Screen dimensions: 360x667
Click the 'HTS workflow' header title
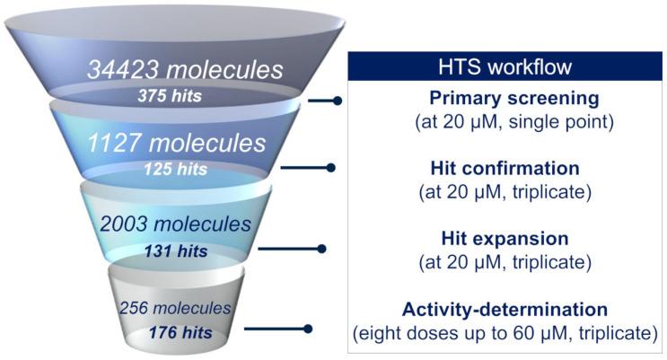click(x=506, y=67)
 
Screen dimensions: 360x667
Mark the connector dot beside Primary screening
click(x=338, y=101)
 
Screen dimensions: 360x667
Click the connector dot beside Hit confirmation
click(x=331, y=167)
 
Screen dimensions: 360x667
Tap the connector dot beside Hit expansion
click(x=321, y=248)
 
